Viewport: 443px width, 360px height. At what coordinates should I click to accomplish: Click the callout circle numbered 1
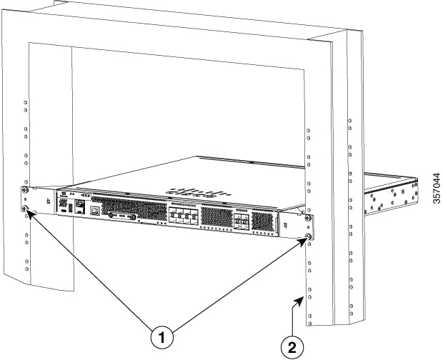click(162, 337)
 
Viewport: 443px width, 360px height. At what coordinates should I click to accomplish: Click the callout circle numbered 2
click(292, 347)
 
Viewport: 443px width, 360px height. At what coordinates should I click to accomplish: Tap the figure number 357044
click(437, 188)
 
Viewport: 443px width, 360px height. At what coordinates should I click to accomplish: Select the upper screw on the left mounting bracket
click(26, 189)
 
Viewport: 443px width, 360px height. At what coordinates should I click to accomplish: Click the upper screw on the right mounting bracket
click(308, 218)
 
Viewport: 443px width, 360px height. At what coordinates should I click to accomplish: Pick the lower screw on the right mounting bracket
click(309, 236)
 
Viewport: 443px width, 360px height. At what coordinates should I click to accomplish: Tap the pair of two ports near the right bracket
click(242, 219)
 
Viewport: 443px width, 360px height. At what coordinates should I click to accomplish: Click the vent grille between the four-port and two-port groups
click(216, 217)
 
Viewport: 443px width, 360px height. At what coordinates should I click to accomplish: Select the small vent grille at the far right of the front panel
click(262, 221)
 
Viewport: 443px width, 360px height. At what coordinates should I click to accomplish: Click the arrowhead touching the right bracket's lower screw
click(303, 241)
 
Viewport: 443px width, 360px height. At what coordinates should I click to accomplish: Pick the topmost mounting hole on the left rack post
click(26, 102)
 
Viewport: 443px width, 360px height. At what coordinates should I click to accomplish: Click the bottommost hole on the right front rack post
click(310, 324)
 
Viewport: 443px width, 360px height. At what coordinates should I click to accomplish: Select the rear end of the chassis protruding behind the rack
click(391, 194)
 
